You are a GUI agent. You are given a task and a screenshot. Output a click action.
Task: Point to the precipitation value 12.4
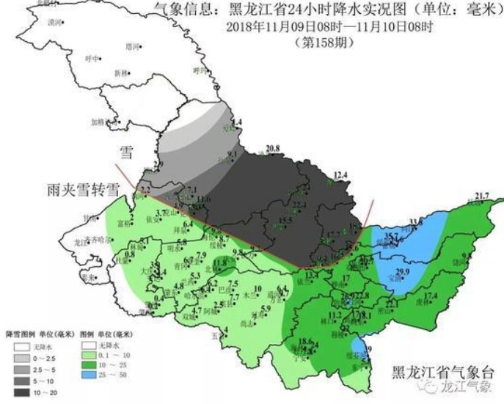[340, 175]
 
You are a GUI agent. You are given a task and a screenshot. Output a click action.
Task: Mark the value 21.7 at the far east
[481, 195]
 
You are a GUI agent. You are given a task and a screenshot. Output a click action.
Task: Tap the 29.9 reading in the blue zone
[403, 271]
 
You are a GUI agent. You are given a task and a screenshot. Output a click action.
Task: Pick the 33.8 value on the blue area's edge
[416, 221]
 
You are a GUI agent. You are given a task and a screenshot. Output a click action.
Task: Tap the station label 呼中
[91, 58]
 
